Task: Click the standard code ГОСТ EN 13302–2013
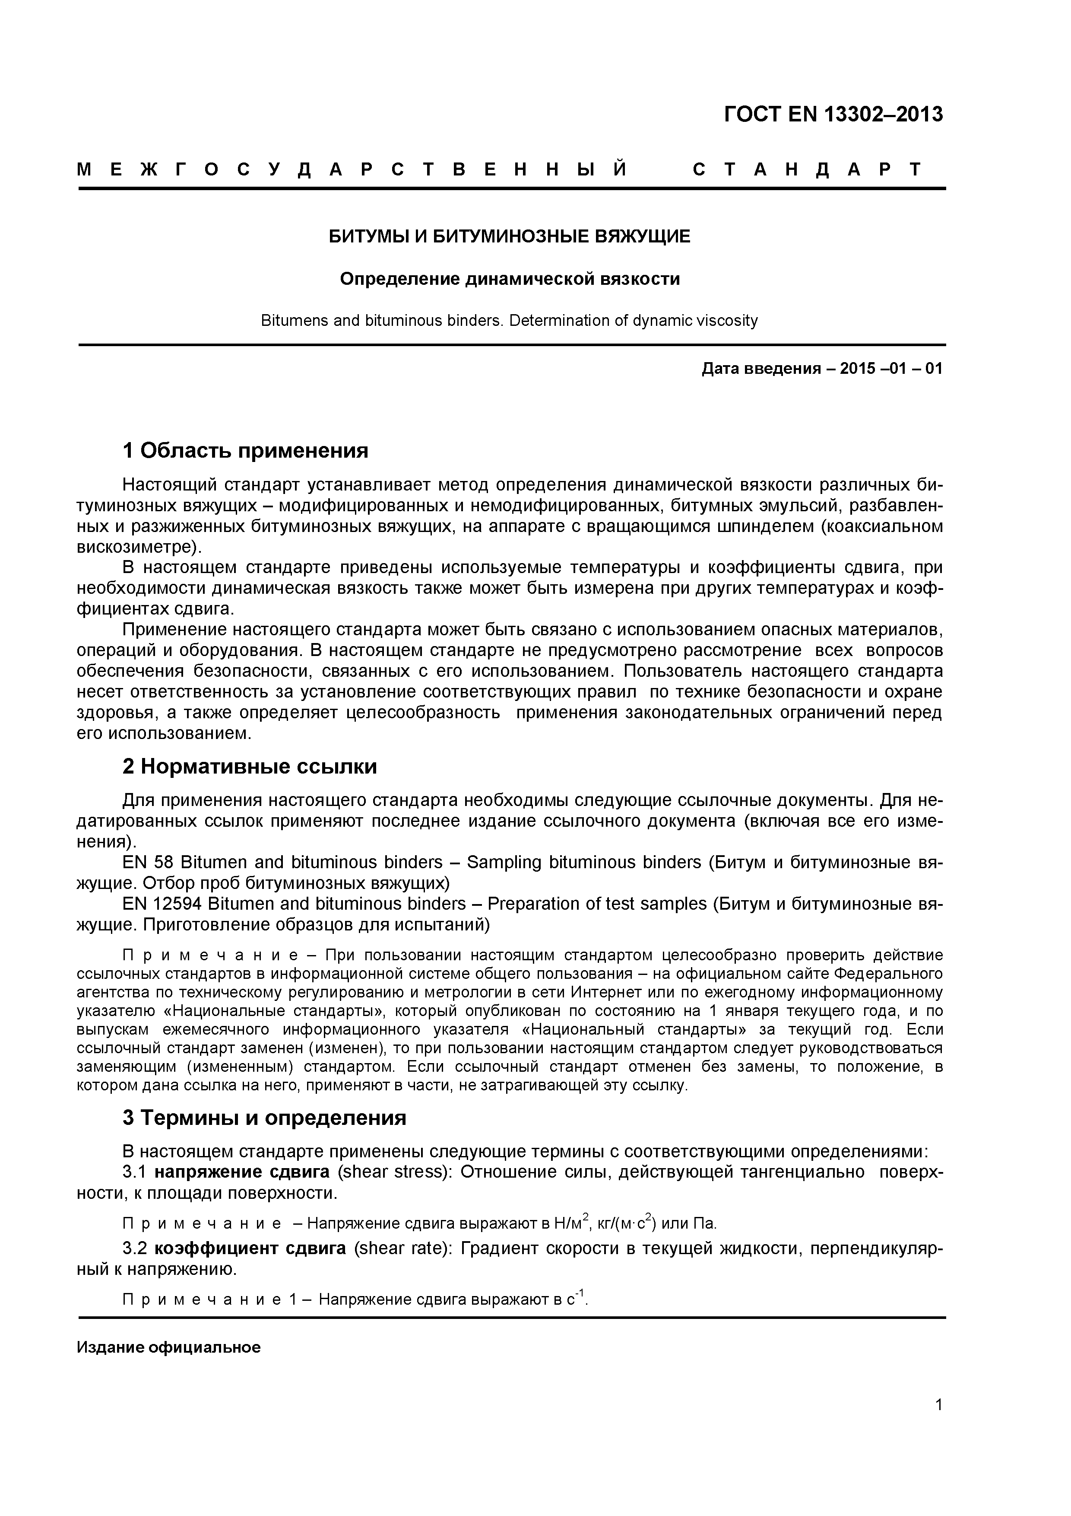(833, 115)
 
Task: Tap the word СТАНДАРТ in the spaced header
(806, 170)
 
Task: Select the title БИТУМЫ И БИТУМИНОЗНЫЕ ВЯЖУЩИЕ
(510, 236)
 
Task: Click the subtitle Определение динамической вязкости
(510, 279)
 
